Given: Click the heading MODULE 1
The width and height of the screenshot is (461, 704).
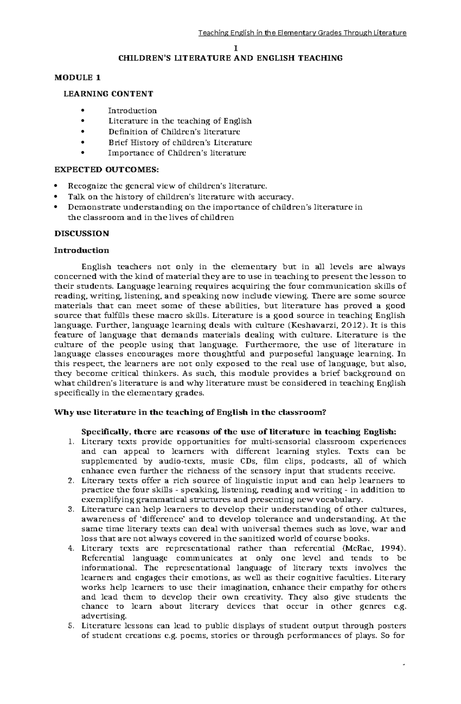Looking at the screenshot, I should click(x=77, y=77).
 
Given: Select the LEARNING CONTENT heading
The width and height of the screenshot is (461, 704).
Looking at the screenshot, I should click(x=108, y=94).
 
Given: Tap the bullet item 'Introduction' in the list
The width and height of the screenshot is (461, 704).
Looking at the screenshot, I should click(x=132, y=111).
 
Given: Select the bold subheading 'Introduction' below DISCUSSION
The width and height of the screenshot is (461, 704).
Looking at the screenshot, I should click(x=81, y=251).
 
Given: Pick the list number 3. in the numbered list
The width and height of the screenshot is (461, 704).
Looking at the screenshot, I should click(x=70, y=509).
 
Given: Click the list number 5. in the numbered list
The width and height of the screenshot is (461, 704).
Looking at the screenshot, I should click(x=70, y=626).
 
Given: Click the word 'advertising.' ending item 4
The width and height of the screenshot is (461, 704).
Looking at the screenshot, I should click(x=99, y=616).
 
